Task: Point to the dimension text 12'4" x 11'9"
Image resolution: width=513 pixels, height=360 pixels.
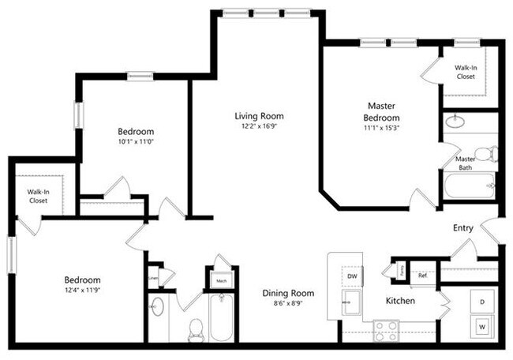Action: pyautogui.click(x=82, y=291)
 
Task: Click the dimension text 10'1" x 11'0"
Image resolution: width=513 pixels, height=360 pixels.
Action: pyautogui.click(x=136, y=142)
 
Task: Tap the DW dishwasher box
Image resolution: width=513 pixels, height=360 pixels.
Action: pyautogui.click(x=351, y=276)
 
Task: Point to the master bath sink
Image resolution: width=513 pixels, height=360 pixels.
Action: pyautogui.click(x=455, y=122)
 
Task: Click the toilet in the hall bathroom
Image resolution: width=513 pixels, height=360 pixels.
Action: pyautogui.click(x=195, y=330)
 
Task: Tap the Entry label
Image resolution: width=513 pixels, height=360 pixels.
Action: pyautogui.click(x=463, y=228)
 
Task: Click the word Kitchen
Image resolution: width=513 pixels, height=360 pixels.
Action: pyautogui.click(x=400, y=301)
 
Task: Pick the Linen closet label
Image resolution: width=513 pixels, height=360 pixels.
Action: pyautogui.click(x=152, y=277)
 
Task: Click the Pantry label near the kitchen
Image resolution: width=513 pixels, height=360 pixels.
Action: pyautogui.click(x=401, y=270)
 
